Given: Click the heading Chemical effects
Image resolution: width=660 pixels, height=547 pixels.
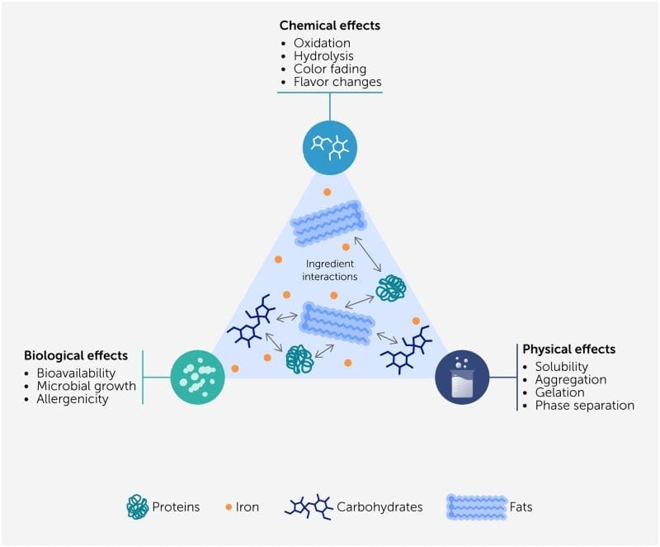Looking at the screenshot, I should click(x=330, y=26).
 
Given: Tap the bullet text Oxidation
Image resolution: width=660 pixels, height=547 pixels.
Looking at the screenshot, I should click(x=322, y=43).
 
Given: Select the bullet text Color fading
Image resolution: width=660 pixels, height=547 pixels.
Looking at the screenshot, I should click(x=328, y=69).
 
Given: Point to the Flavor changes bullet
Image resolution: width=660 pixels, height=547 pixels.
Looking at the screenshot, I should click(x=337, y=83).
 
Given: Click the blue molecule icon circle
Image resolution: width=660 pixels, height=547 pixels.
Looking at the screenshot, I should click(x=329, y=147).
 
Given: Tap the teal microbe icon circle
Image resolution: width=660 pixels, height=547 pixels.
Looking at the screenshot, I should click(x=198, y=377).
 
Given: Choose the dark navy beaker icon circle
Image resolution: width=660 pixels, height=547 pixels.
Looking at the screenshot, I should click(x=462, y=377).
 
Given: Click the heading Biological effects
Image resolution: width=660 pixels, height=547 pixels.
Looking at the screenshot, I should click(x=76, y=356).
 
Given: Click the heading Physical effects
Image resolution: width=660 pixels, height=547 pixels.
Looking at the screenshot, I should click(x=569, y=350).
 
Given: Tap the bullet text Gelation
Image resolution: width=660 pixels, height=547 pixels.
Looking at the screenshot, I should click(x=559, y=392).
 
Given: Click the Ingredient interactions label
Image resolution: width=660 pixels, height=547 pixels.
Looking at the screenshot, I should click(x=330, y=270).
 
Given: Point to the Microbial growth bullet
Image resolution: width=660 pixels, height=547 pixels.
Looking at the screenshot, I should click(x=85, y=386).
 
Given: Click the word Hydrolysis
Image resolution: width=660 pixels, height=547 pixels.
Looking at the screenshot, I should click(x=323, y=56).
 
